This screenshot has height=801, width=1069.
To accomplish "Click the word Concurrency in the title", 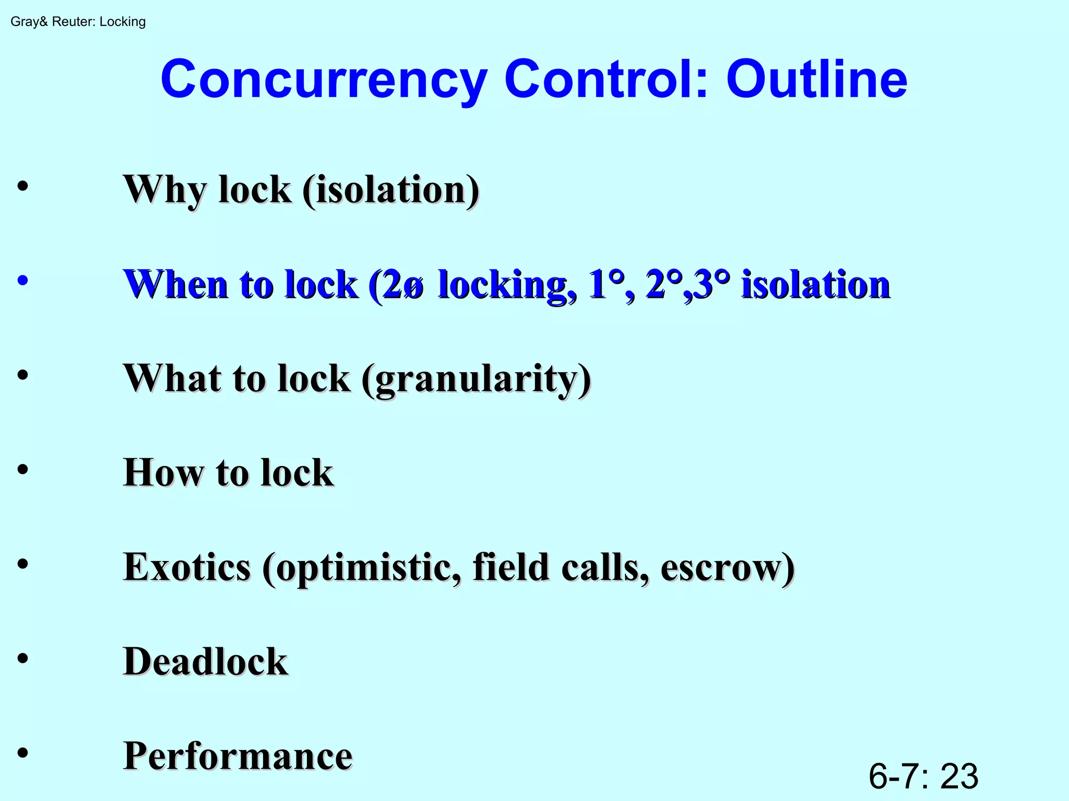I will [x=324, y=80].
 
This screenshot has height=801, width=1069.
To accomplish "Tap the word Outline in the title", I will [x=816, y=80].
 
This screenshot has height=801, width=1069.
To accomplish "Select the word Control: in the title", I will [x=606, y=80].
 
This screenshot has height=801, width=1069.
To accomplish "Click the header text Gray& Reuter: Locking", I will [x=78, y=22].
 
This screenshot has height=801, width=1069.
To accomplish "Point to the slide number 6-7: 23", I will [x=923, y=776].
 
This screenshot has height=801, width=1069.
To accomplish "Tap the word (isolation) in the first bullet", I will [x=391, y=190].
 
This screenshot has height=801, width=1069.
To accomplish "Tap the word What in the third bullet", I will [x=172, y=378].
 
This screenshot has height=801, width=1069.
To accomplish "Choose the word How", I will [x=163, y=473].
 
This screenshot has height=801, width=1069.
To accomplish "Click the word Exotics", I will [x=187, y=567].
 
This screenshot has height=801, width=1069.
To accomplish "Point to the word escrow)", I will [x=728, y=567].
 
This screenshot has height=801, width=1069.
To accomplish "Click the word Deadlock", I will [x=206, y=662].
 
